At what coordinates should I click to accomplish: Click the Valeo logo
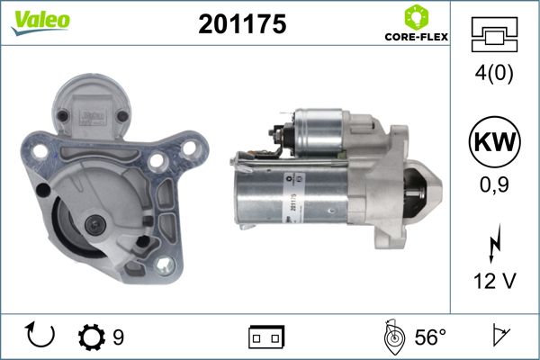[x=40, y=22]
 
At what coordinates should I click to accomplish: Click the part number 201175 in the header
[x=242, y=24]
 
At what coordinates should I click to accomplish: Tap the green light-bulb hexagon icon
[x=417, y=17]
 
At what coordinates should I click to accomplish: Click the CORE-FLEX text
[x=417, y=37]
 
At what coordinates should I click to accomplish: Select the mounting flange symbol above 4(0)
[x=494, y=34]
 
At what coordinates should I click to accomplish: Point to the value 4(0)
[x=494, y=73]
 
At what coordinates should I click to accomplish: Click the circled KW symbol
[x=494, y=141]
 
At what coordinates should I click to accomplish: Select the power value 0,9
[x=494, y=185]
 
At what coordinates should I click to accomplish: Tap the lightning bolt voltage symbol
[x=495, y=243]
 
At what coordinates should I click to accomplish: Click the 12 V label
[x=495, y=281]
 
